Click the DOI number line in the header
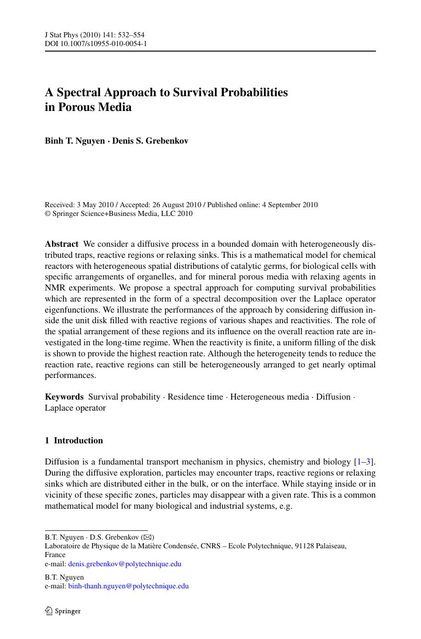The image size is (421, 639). [96, 44]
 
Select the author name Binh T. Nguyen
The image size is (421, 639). [74, 141]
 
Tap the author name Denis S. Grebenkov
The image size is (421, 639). [150, 141]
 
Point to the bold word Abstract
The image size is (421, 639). [61, 244]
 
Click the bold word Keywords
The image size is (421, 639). [64, 397]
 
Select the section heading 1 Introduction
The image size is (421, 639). [74, 441]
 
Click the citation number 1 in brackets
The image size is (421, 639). [358, 462]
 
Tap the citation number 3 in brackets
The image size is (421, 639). [368, 462]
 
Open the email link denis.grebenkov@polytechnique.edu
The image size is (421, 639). [125, 564]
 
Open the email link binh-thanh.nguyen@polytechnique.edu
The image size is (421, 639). [128, 586]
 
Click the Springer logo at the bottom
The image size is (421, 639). [63, 611]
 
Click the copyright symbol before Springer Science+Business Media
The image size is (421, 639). [47, 214]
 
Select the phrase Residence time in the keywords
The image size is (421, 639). [195, 397]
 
